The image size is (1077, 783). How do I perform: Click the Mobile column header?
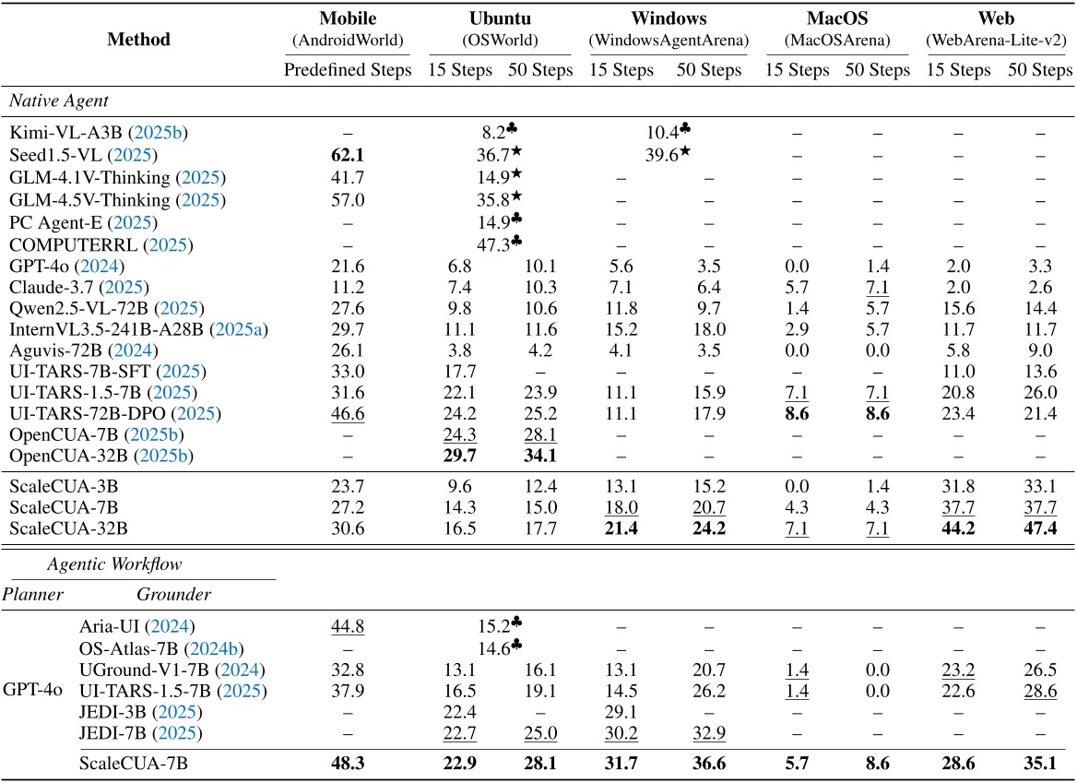pos(347,18)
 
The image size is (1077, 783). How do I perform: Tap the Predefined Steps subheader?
pos(347,70)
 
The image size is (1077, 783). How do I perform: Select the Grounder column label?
pos(172,595)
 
